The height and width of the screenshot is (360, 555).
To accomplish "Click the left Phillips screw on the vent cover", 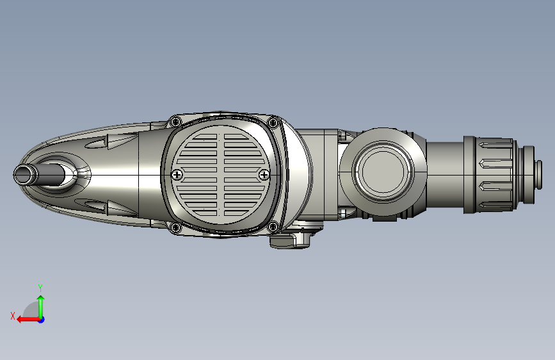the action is click(x=177, y=175).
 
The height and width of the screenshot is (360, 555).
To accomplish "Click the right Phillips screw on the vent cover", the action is click(x=264, y=175).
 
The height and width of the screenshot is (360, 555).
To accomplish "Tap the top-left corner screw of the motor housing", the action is click(x=175, y=122).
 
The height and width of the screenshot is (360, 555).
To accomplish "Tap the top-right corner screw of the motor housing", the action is click(x=273, y=123).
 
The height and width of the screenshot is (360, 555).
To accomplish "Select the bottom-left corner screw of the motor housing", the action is click(x=175, y=227).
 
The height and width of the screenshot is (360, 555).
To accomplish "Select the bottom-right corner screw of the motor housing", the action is click(x=273, y=227).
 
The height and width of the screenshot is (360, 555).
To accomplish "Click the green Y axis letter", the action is click(x=40, y=288).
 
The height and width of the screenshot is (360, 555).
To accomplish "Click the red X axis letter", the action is click(x=13, y=316).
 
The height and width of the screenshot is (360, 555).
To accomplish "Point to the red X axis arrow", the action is click(x=28, y=320).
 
